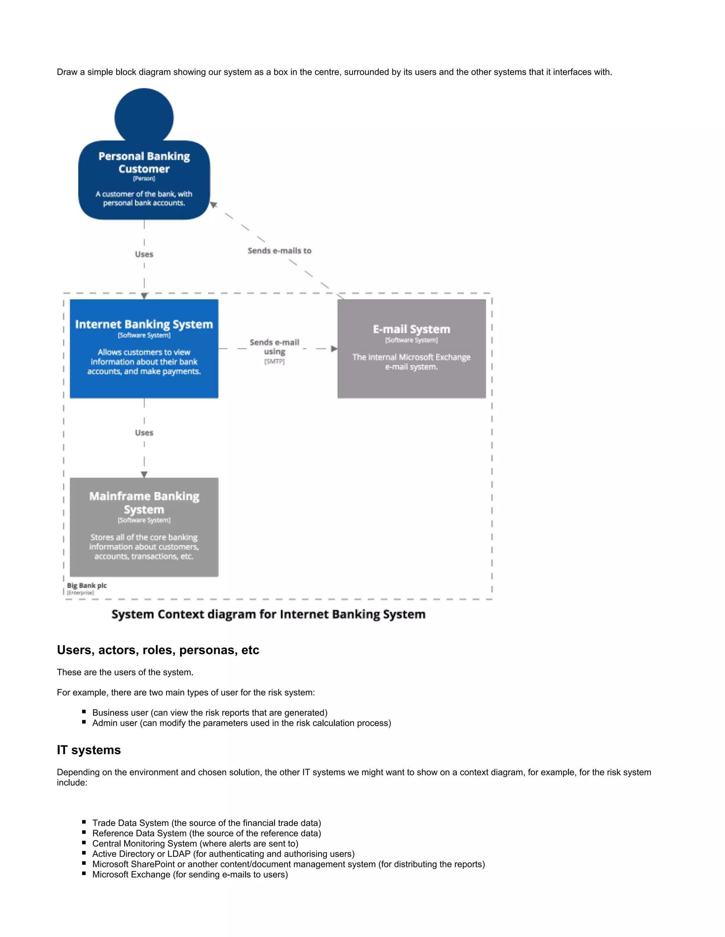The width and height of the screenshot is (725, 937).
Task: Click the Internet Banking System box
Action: pyautogui.click(x=144, y=348)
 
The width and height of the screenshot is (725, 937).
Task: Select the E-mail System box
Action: pyautogui.click(x=411, y=348)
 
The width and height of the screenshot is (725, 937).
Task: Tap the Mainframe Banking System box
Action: pyautogui.click(x=144, y=527)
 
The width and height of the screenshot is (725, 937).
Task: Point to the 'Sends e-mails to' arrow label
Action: pyautogui.click(x=279, y=251)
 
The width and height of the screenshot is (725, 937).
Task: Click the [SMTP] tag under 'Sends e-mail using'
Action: pyautogui.click(x=274, y=362)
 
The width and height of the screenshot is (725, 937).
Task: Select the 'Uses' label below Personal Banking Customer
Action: pyautogui.click(x=144, y=254)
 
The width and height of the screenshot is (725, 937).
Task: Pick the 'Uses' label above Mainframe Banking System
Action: pyautogui.click(x=144, y=432)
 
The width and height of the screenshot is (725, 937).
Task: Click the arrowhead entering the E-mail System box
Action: pyautogui.click(x=334, y=349)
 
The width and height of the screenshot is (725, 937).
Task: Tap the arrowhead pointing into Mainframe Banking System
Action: pyautogui.click(x=144, y=474)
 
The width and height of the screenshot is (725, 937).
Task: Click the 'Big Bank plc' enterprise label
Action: pyautogui.click(x=87, y=586)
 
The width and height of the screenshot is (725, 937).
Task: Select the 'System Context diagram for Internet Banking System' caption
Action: pyautogui.click(x=268, y=615)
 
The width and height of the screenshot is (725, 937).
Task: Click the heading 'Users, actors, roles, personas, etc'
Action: pyautogui.click(x=158, y=650)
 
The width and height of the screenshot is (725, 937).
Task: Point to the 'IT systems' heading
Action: pyautogui.click(x=89, y=750)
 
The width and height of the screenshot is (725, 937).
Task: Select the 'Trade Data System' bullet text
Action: pyautogui.click(x=131, y=823)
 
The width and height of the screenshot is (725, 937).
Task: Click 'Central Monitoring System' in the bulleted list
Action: pyautogui.click(x=145, y=843)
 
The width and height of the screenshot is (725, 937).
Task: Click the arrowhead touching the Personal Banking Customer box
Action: pyautogui.click(x=213, y=205)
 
